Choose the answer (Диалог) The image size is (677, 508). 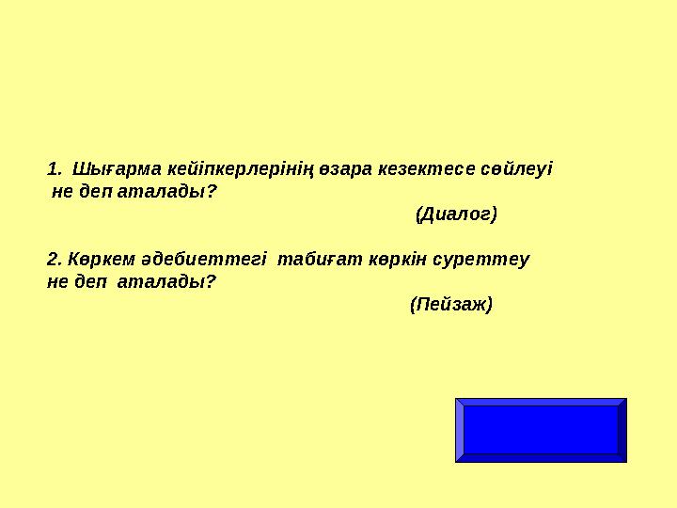456,214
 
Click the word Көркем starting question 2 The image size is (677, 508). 93,260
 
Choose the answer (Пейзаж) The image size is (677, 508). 451,305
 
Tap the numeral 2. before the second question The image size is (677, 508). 54,260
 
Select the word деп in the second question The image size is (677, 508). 94,281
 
